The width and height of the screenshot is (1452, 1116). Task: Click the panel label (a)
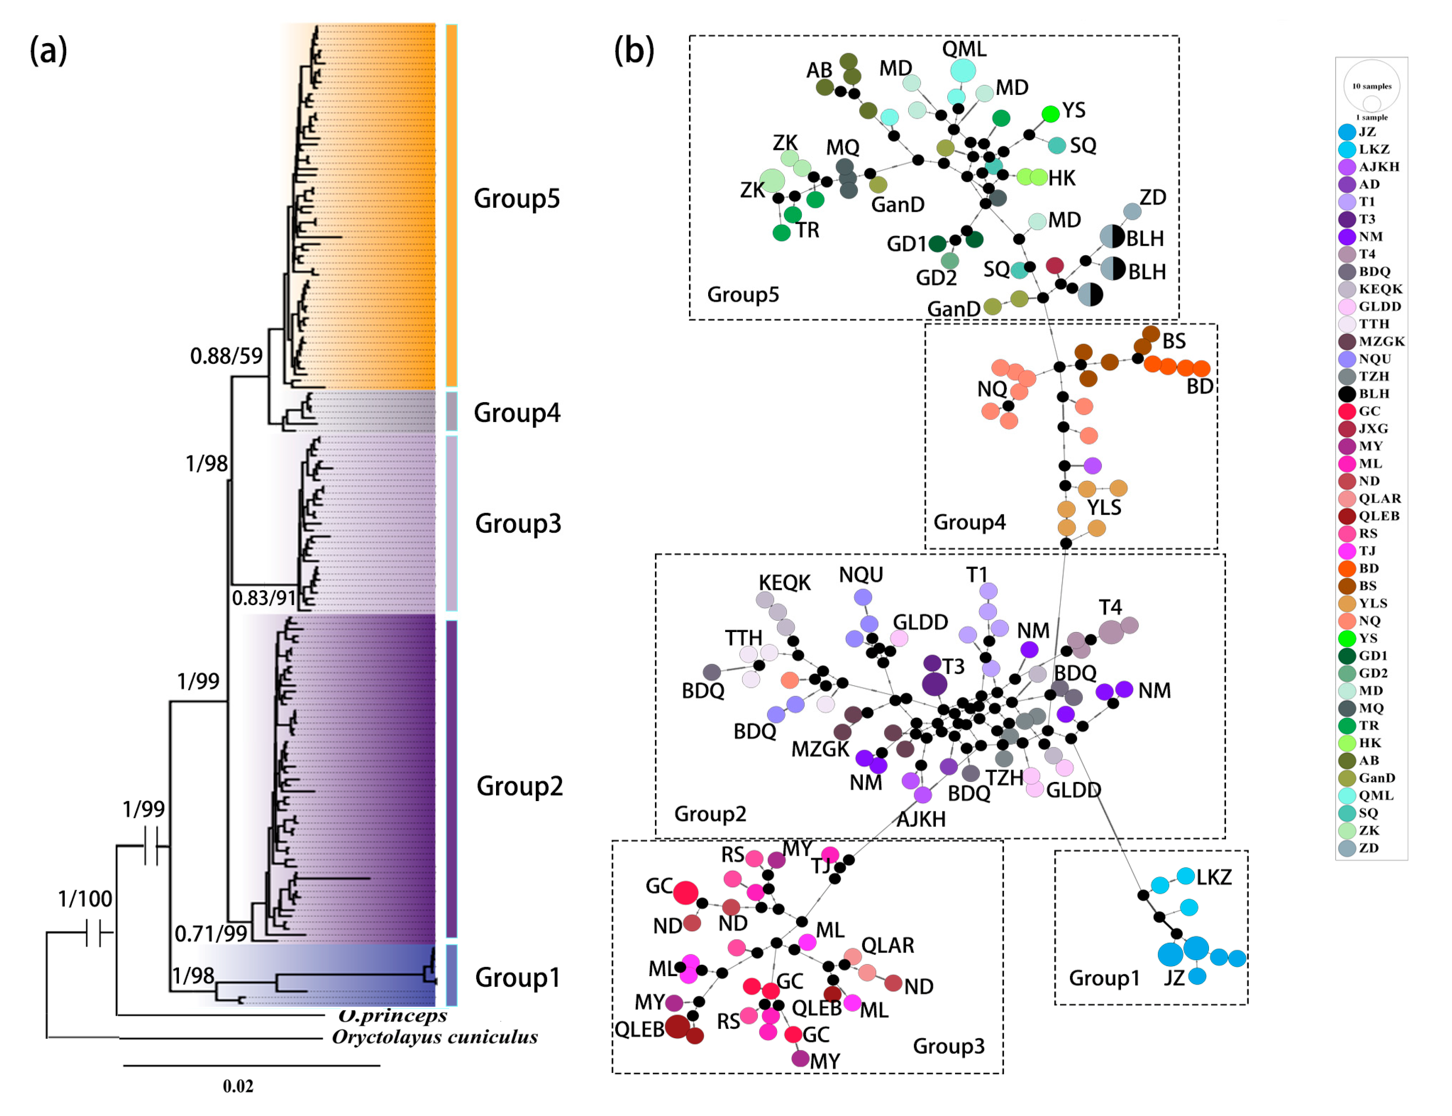[x=48, y=51]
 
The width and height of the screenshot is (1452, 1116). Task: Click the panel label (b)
[x=633, y=51]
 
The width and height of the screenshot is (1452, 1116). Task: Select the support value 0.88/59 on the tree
[x=226, y=356]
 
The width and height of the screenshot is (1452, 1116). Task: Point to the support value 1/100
[x=84, y=898]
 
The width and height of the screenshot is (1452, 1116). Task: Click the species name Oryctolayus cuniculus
[x=434, y=1037]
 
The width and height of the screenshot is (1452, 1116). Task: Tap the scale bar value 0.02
[x=238, y=1086]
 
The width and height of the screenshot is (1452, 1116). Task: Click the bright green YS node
[x=1050, y=114]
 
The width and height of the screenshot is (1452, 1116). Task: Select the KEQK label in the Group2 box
[x=784, y=582]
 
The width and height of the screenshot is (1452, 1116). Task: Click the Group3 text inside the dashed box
[x=948, y=1046]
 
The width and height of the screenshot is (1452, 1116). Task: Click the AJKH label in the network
[x=921, y=819]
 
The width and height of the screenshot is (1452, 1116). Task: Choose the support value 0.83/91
[x=263, y=598]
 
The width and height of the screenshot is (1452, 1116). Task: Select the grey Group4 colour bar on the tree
[x=451, y=412]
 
